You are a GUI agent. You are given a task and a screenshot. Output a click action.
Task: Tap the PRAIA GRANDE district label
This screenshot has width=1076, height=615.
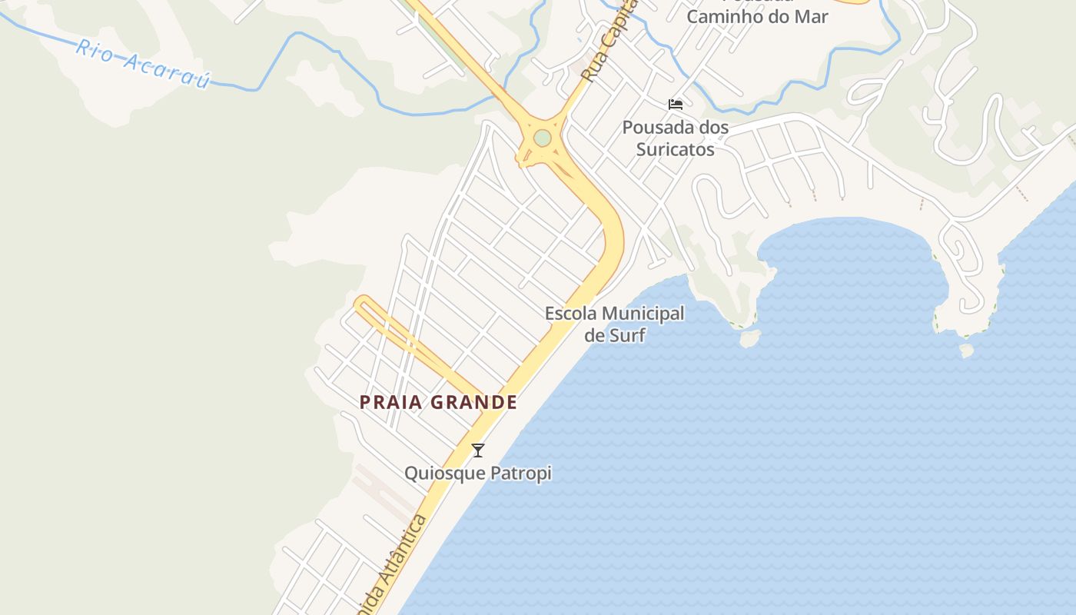[438, 402]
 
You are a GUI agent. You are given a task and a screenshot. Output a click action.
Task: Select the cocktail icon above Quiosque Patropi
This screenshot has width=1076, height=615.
[478, 450]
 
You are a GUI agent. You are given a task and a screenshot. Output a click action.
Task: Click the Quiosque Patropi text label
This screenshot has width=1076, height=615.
[478, 473]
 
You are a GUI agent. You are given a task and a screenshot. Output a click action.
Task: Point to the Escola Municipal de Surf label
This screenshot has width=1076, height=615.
[614, 324]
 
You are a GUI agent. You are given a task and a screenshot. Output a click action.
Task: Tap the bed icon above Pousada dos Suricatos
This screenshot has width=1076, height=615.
[676, 105]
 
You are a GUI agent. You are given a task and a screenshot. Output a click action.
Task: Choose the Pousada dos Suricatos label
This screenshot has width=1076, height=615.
[676, 138]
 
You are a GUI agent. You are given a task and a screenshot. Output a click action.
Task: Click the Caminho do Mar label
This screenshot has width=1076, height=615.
[757, 16]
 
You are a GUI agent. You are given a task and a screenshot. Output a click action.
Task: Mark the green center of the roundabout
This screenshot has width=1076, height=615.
[543, 138]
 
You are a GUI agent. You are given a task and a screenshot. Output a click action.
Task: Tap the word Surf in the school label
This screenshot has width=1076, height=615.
[626, 335]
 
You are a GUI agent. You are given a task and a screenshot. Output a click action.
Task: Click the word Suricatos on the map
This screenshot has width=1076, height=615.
[676, 149]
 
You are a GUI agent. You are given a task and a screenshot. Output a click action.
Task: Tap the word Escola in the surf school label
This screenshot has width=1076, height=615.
[571, 314]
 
